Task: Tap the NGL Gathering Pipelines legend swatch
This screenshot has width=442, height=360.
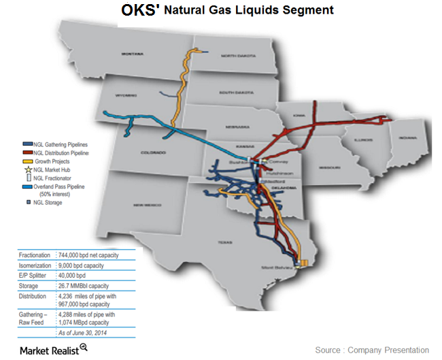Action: click(27, 145)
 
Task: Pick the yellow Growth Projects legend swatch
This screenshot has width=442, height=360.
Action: click(27, 161)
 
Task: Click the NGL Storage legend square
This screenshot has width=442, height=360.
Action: click(27, 202)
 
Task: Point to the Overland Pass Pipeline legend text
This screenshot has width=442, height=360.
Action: click(62, 186)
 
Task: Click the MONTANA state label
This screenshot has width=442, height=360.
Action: click(134, 53)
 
